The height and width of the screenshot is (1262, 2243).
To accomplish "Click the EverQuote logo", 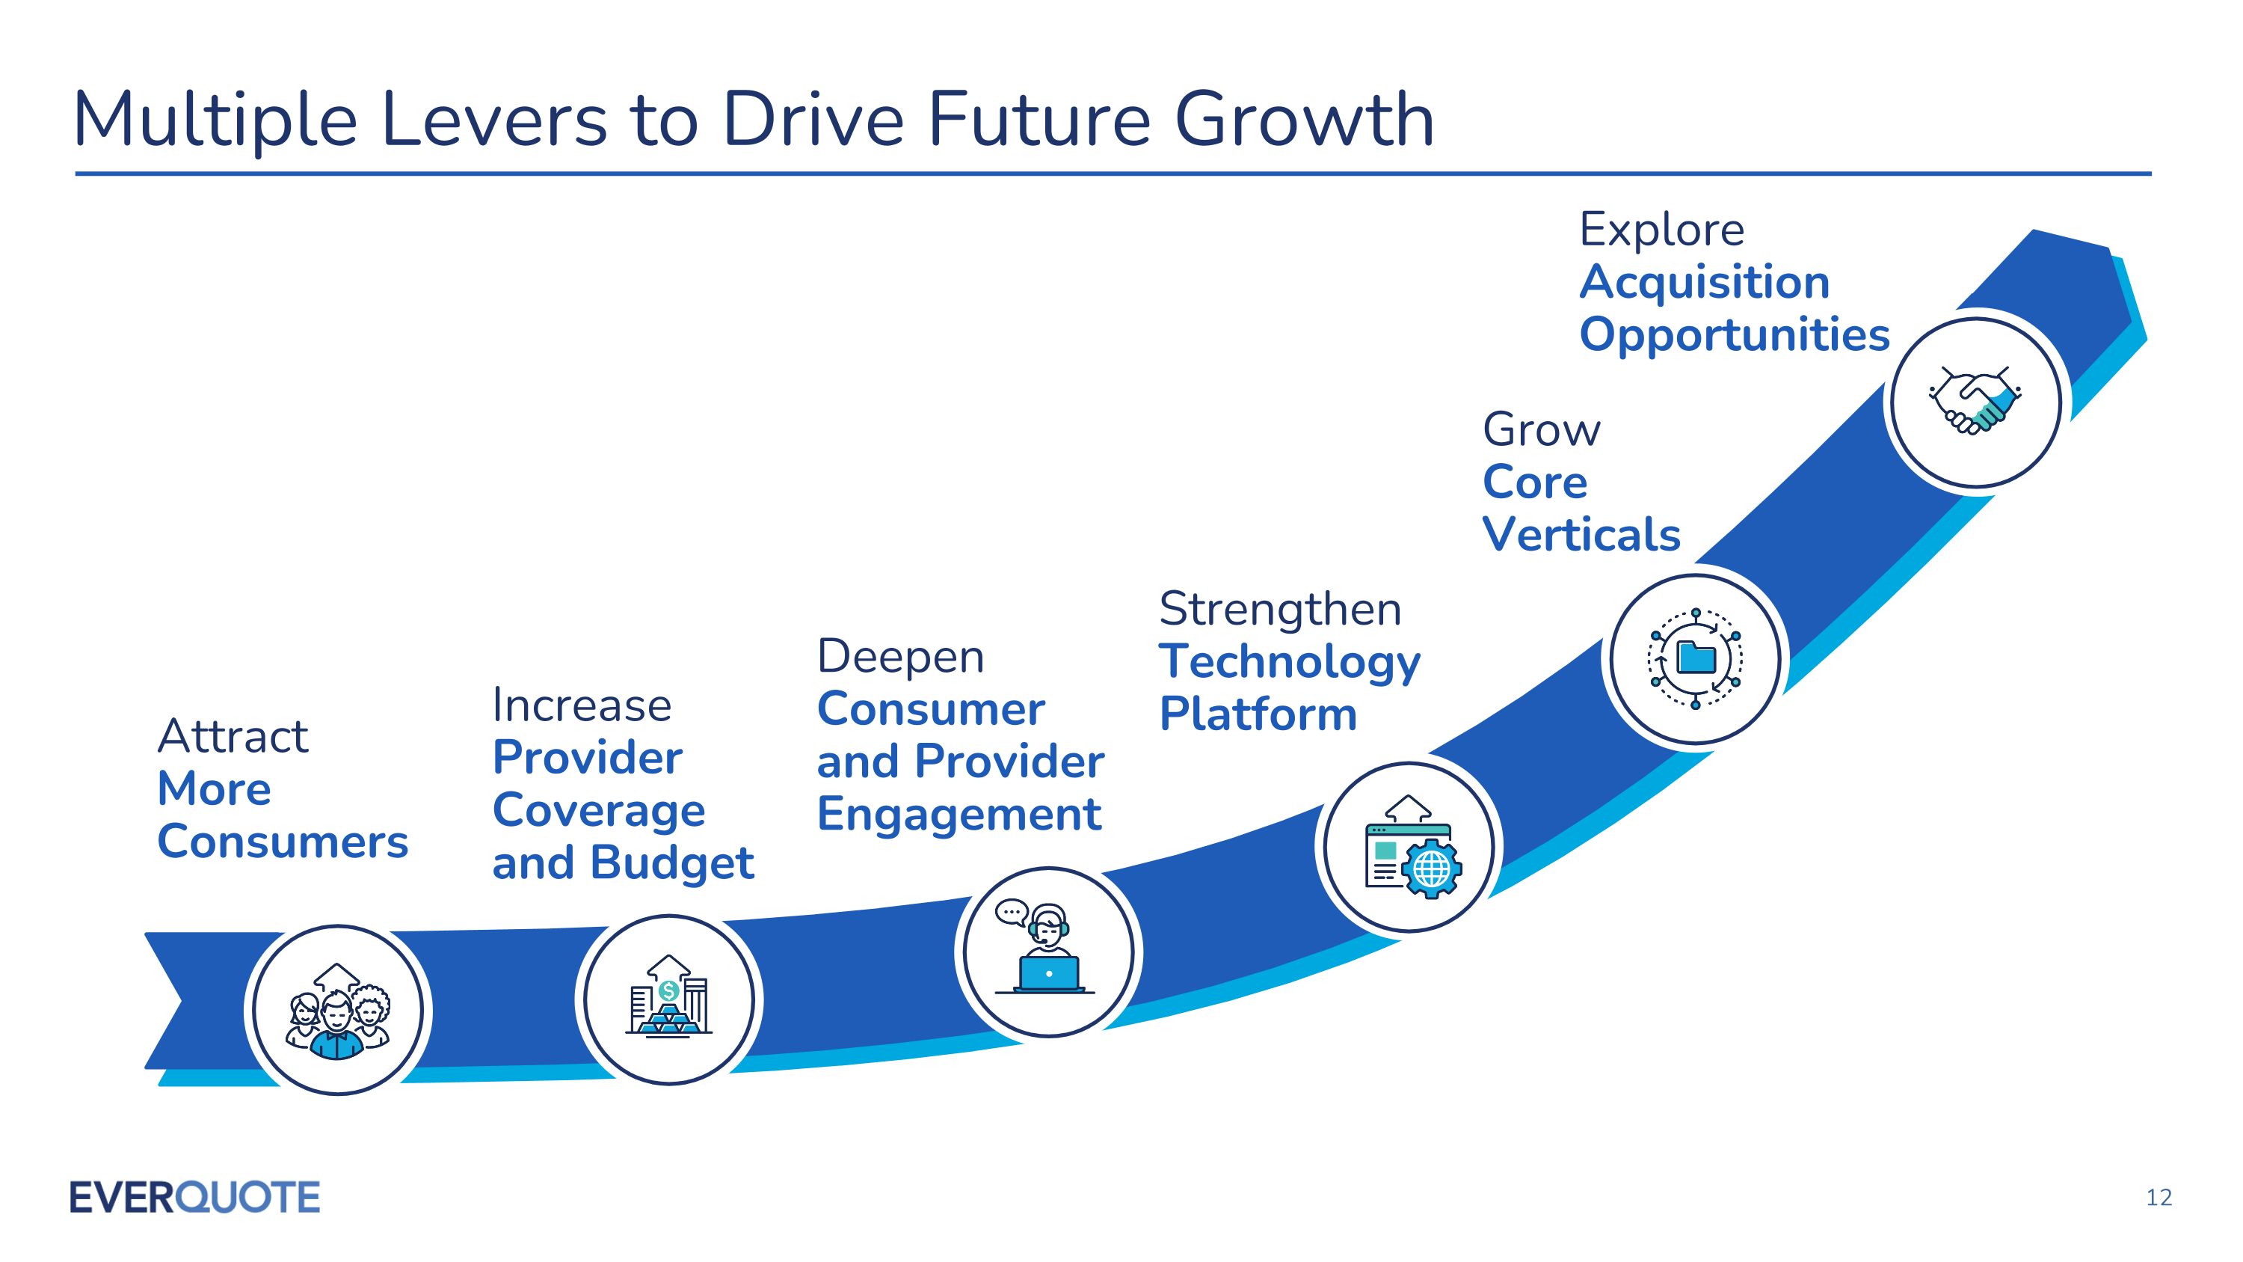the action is click(x=195, y=1197).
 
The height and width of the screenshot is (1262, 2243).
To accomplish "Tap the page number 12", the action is click(x=2159, y=1198).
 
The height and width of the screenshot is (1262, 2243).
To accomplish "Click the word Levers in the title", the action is click(x=494, y=120).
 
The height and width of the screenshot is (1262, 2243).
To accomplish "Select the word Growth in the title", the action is click(x=1303, y=120).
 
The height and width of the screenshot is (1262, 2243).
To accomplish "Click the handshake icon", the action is click(x=1974, y=399).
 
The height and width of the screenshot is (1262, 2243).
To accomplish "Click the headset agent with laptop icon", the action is click(x=1046, y=948).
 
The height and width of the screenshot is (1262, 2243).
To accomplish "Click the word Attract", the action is click(x=233, y=737).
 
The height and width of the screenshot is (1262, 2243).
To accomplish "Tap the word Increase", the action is click(x=582, y=705).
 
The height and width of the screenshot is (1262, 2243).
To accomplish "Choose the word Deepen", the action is click(x=900, y=658).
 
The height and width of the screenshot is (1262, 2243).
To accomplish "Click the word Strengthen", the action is click(x=1280, y=610).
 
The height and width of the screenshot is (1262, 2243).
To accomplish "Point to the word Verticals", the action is click(x=1581, y=534).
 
